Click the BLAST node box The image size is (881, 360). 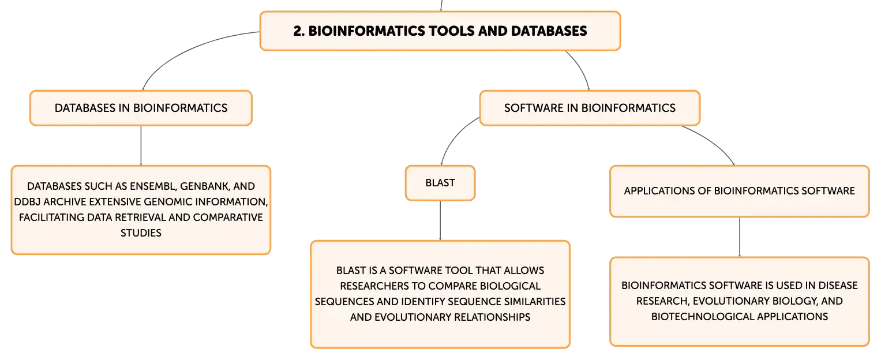(x=440, y=183)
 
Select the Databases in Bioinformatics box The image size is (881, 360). (x=141, y=108)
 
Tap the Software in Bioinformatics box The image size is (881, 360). (x=590, y=108)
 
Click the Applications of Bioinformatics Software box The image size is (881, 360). (x=740, y=191)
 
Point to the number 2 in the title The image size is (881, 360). (x=298, y=31)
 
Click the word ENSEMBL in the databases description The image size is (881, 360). (x=153, y=186)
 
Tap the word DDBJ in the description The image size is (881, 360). (x=27, y=202)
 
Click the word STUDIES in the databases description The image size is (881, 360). (x=141, y=233)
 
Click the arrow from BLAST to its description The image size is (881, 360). (x=440, y=220)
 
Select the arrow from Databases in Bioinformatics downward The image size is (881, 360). (x=141, y=145)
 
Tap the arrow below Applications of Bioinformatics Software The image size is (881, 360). (x=740, y=237)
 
